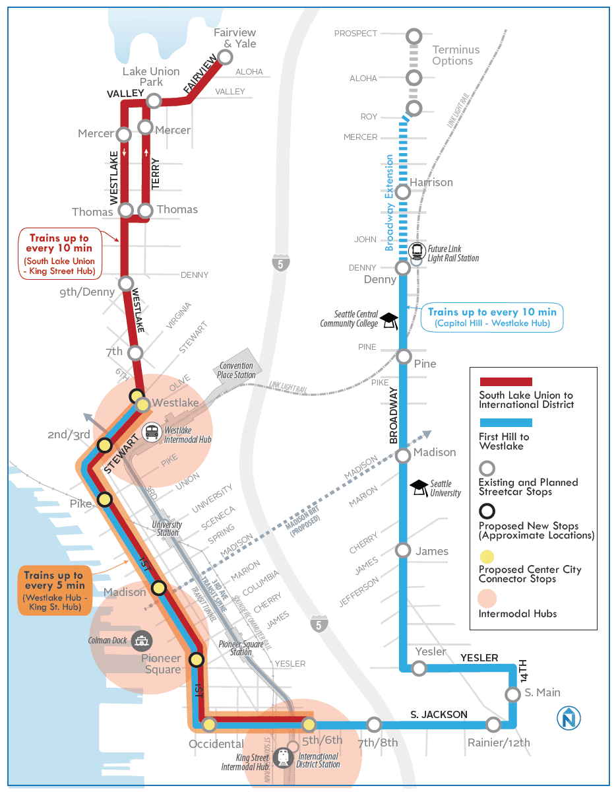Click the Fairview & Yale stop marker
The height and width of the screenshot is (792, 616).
pos(225,57)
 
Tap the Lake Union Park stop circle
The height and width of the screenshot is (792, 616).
pos(154,100)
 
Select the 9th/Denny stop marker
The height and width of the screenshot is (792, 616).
pos(126,283)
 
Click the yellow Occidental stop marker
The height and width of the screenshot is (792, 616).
pos(210,725)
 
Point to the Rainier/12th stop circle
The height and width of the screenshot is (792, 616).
pos(493,725)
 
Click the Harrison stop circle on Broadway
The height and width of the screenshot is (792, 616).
pos(403,192)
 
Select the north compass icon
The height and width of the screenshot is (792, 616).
pos(568,719)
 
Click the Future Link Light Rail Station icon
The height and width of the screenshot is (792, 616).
pos(417,251)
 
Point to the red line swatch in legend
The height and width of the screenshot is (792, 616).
pos(506,381)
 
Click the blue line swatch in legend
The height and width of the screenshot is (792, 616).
pos(506,423)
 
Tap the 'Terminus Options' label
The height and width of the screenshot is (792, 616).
pos(456,55)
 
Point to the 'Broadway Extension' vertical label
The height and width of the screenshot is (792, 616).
pos(390,203)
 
